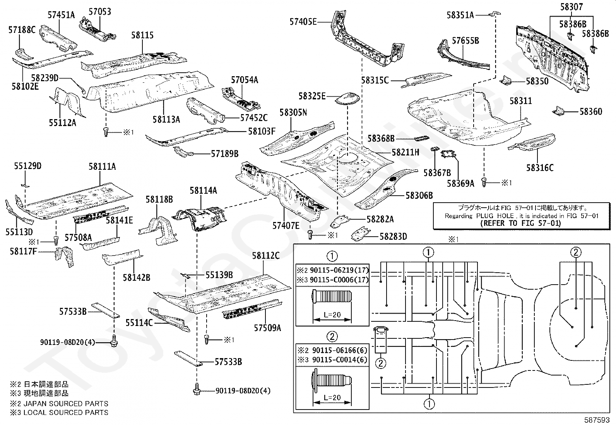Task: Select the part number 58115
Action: (x=142, y=35)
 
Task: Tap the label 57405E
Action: (x=303, y=22)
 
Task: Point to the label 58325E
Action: (x=312, y=96)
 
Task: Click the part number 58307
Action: (x=572, y=7)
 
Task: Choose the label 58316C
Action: (x=539, y=167)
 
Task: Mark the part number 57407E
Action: (x=286, y=225)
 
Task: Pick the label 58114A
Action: (x=203, y=190)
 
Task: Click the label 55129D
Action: (x=27, y=166)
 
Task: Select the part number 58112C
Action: (x=265, y=256)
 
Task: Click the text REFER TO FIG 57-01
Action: (x=520, y=223)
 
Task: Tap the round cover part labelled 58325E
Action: (x=347, y=98)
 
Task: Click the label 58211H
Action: (x=405, y=152)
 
